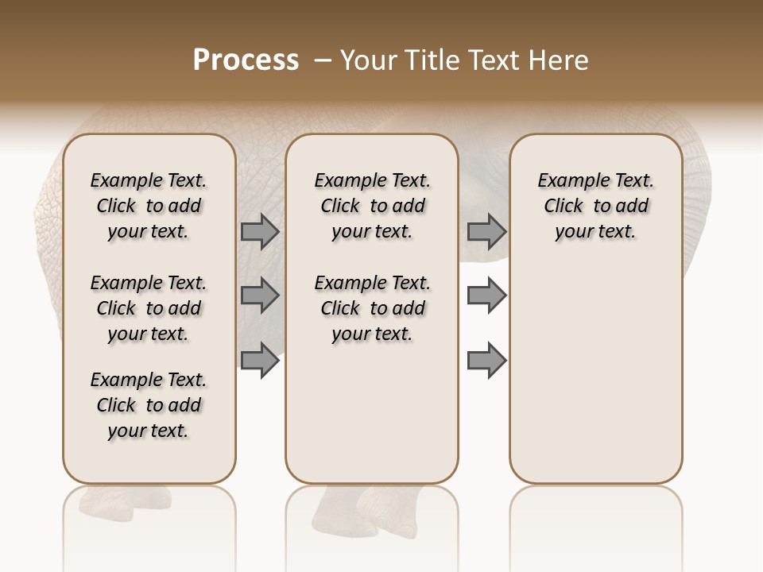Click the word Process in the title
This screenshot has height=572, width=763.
246,60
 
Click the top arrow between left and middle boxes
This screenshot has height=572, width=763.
260,231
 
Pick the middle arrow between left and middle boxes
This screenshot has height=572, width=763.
260,296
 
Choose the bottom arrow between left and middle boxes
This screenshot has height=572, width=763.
260,360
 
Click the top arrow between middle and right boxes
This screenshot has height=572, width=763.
486,231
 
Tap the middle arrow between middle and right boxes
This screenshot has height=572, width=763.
486,296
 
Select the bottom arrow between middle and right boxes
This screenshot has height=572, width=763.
486,360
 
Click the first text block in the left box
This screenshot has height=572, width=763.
149,206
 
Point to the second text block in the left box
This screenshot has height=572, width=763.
149,308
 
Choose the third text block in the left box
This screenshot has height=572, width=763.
149,405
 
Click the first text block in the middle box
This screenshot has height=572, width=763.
373,206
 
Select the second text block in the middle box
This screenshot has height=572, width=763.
373,308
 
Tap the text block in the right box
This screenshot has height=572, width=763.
596,206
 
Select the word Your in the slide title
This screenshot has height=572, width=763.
366,60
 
